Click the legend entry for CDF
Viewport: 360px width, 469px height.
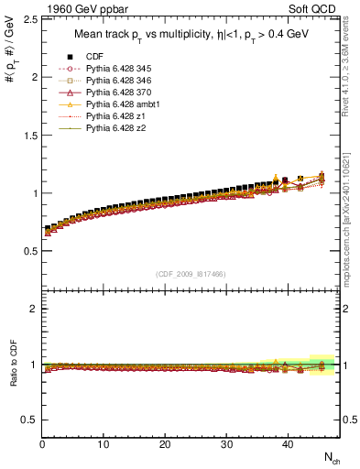[x=93, y=57]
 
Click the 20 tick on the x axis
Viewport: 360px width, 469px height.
[x=164, y=444]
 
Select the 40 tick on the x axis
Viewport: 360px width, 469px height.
[x=286, y=444]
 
